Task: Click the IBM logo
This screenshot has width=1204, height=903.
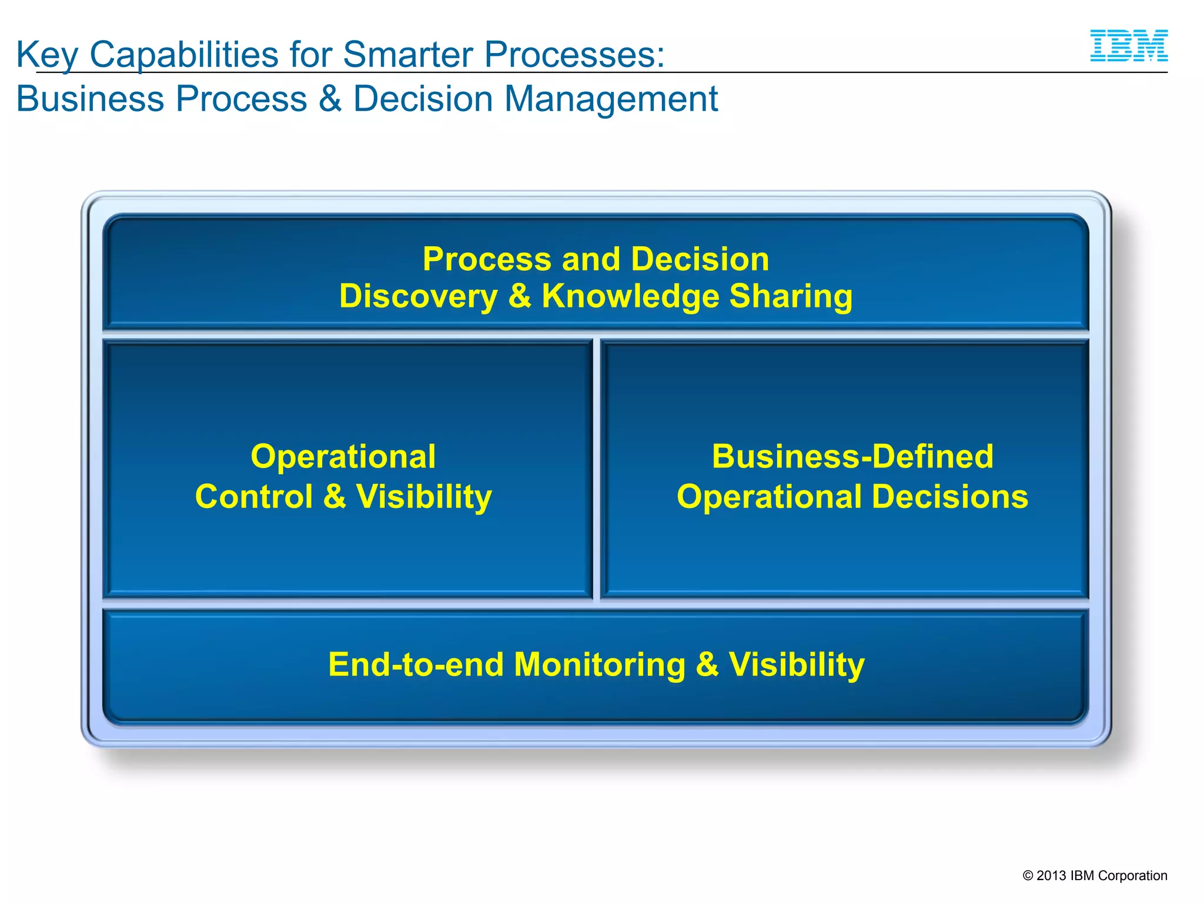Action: pyautogui.click(x=1128, y=46)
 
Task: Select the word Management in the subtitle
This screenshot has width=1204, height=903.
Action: pyautogui.click(x=611, y=99)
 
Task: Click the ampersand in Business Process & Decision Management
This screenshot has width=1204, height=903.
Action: pyautogui.click(x=330, y=99)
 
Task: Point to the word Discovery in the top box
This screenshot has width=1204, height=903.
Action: pyautogui.click(x=418, y=296)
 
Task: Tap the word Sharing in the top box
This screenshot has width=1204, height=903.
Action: pyautogui.click(x=791, y=296)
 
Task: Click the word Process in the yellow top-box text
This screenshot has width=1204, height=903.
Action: pyautogui.click(x=487, y=259)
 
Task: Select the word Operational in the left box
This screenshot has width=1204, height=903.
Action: pyautogui.click(x=343, y=457)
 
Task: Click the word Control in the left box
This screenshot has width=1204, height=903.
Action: pyautogui.click(x=254, y=497)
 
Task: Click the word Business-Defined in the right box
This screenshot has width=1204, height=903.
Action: pyautogui.click(x=852, y=457)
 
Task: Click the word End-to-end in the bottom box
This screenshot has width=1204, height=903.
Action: pyautogui.click(x=416, y=664)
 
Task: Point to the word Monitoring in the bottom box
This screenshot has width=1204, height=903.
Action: pyautogui.click(x=599, y=664)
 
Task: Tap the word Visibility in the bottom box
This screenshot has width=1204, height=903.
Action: pyautogui.click(x=797, y=664)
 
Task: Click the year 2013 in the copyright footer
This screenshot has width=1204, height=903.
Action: pyautogui.click(x=1051, y=876)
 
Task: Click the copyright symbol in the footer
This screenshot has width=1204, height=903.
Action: pyautogui.click(x=1028, y=876)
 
